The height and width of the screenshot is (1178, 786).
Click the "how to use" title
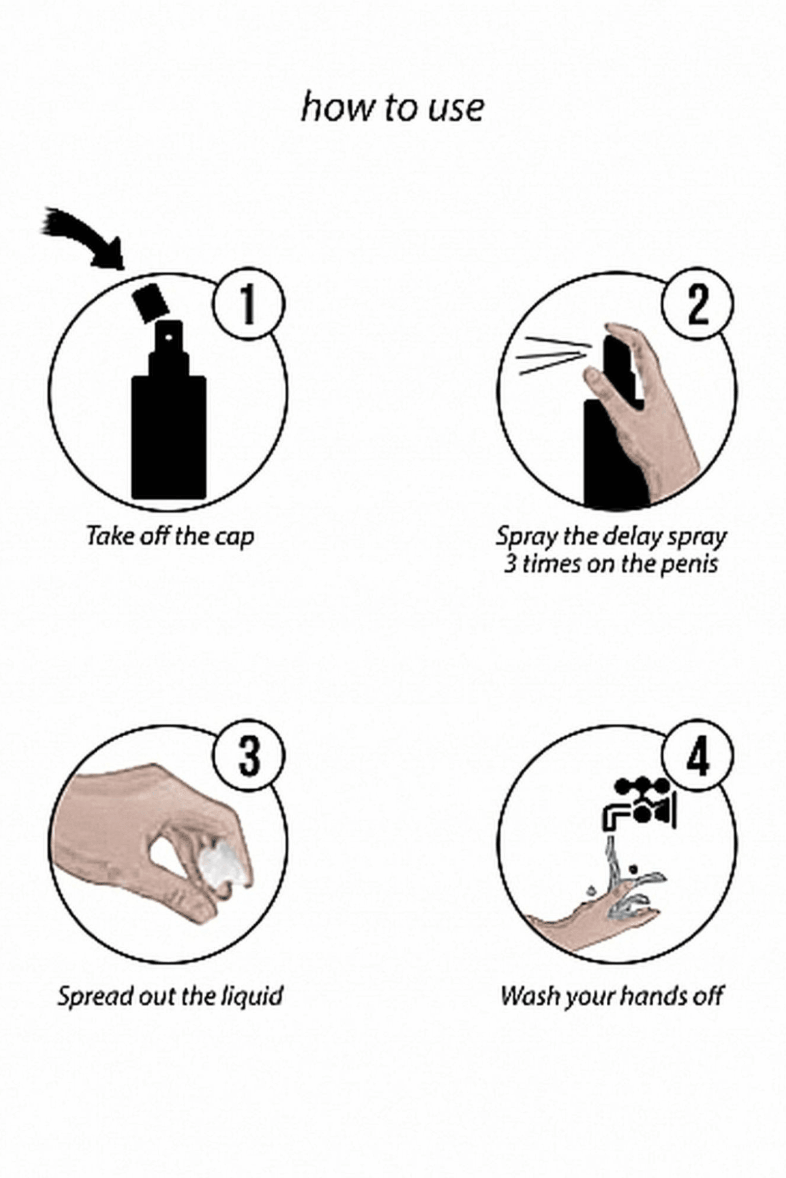[393, 107]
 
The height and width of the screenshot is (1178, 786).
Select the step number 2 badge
[697, 304]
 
